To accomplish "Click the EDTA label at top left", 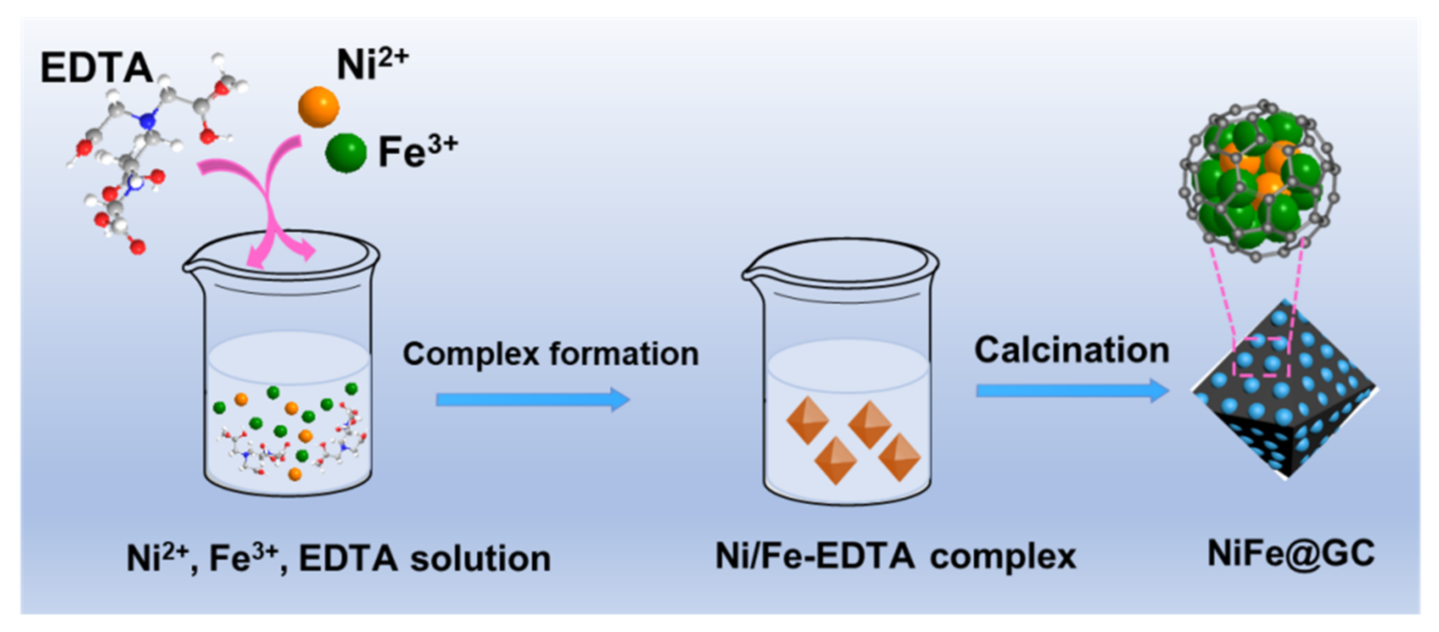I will (96, 68).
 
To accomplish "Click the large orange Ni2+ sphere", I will (318, 107).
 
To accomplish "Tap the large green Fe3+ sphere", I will (346, 152).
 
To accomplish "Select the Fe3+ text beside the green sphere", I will (418, 151).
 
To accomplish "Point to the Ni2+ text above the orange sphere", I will (372, 64).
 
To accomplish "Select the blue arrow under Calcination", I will (1072, 390).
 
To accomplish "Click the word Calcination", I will (1072, 350).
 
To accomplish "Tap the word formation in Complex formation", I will (624, 353).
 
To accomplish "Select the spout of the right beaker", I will (750, 273).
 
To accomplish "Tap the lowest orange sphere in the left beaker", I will (295, 474).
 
